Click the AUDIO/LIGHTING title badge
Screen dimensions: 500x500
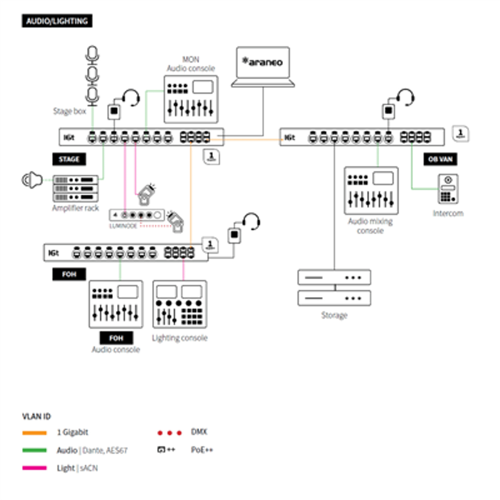[x=57, y=21]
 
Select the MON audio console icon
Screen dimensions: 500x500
[x=191, y=99]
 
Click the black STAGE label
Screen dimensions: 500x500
[x=69, y=159]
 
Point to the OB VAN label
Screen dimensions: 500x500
[x=440, y=159]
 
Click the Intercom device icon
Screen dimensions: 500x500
[x=448, y=189]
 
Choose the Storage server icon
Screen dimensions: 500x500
[x=334, y=288]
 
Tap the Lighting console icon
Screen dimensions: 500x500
[x=180, y=304]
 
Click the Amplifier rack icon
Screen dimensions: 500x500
[x=76, y=189]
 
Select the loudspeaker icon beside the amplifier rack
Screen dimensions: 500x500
[x=32, y=180]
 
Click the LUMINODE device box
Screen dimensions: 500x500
[x=137, y=215]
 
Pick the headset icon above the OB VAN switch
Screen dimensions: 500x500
[x=406, y=97]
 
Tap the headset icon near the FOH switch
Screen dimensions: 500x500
[x=251, y=221]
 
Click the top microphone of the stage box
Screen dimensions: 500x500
[x=92, y=54]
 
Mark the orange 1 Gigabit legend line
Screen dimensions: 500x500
[x=34, y=433]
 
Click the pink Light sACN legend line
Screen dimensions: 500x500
[x=34, y=468]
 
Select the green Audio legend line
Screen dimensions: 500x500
[x=34, y=450]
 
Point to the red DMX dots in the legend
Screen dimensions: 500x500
[x=170, y=433]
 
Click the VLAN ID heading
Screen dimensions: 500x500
[x=36, y=416]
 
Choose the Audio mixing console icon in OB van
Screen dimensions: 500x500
[x=371, y=190]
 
